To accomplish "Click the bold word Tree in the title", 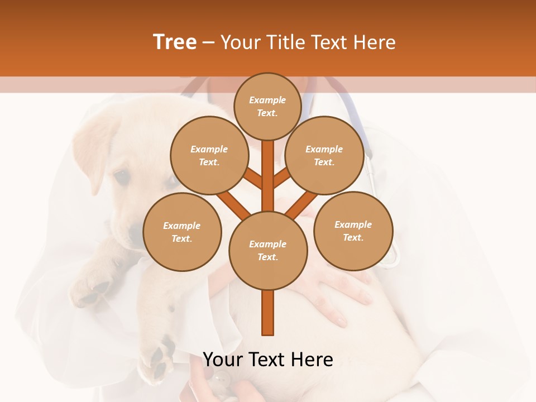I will coord(175,42).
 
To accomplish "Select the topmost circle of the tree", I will coord(267,106).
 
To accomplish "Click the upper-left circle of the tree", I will coord(209,155).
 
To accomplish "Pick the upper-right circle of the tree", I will coord(324,155).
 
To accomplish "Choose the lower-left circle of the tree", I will coord(182,232).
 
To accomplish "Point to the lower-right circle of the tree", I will coord(353,231).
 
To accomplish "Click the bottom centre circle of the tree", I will coord(268,250).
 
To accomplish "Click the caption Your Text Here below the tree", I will coord(268,359).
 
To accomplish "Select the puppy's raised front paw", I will coord(92,290).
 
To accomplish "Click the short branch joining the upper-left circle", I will coord(252,179).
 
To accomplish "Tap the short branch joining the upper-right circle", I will coord(281,178).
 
